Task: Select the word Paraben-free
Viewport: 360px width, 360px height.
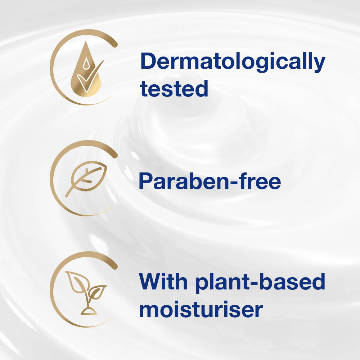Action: click(210, 182)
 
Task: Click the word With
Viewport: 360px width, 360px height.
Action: click(162, 282)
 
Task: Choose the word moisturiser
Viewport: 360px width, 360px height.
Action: click(201, 310)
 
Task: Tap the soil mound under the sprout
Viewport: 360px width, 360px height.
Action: click(86, 310)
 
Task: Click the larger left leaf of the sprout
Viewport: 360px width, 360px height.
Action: click(76, 283)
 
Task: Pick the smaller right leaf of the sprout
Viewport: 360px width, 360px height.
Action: click(97, 290)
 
